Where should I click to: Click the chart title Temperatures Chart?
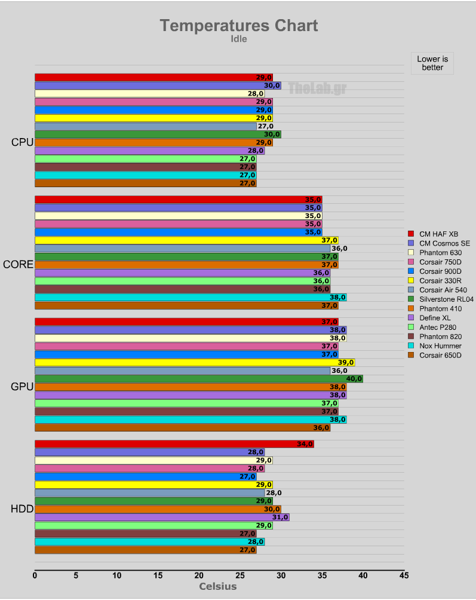point(238,26)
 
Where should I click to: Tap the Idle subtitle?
point(238,39)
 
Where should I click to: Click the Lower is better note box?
point(432,63)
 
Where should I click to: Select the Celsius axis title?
point(217,586)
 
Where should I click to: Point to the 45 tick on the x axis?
point(404,575)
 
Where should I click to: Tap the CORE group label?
point(18,264)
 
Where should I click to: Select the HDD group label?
point(22,509)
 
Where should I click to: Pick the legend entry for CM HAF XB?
point(438,234)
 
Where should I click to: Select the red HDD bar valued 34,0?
point(173,444)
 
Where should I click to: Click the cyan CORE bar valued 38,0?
point(190,298)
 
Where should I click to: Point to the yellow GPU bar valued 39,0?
point(194,363)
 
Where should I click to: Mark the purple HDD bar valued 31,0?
point(161,518)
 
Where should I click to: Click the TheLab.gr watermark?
point(317,88)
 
